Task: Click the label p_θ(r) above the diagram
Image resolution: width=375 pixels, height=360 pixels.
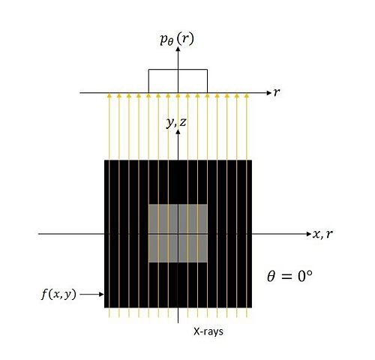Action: tap(177, 40)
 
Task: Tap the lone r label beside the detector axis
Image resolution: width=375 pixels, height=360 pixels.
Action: tap(277, 92)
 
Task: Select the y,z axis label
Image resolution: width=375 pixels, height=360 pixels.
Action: tap(176, 122)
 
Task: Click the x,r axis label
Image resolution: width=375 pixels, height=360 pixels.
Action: tap(322, 234)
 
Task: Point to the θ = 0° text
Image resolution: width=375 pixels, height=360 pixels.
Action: tap(289, 276)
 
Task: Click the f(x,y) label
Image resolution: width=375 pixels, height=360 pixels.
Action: tap(58, 294)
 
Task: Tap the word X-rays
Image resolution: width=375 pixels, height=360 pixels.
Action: tap(208, 331)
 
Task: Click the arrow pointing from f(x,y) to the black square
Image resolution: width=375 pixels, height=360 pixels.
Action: tap(91, 294)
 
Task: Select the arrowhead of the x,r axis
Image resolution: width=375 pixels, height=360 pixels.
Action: tap(309, 234)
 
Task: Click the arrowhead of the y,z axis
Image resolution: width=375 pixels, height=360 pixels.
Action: tap(178, 131)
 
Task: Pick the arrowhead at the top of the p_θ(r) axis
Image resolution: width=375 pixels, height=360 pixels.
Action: tap(178, 49)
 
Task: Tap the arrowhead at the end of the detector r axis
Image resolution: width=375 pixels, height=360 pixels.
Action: tap(269, 93)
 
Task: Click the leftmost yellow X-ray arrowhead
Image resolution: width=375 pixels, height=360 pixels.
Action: tap(109, 95)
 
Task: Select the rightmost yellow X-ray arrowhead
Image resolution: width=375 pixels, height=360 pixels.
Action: tap(247, 95)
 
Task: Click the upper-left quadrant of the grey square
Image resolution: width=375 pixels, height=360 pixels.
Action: tap(163, 219)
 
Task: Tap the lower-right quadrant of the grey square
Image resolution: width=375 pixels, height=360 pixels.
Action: tap(193, 248)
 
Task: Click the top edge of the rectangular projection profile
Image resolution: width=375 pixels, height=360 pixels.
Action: tap(178, 70)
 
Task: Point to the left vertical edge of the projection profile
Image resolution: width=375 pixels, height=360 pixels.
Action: tap(148, 81)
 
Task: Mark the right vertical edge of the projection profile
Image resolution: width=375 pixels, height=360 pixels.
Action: tap(207, 81)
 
